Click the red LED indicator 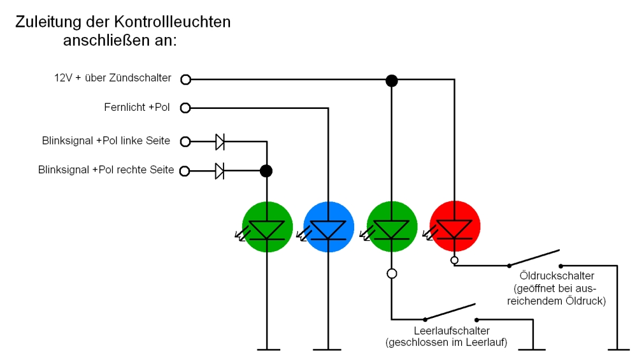[x=455, y=226]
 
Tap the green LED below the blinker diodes [x=267, y=226]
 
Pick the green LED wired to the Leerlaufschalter [x=392, y=226]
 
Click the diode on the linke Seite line [x=220, y=141]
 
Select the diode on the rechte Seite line [x=220, y=171]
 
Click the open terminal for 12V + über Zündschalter [x=185, y=80]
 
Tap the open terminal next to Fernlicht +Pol [x=185, y=108]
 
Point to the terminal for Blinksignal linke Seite [x=185, y=141]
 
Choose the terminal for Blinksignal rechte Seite [x=185, y=171]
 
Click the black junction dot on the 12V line [x=392, y=80]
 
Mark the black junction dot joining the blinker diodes [x=267, y=171]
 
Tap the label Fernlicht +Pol [x=136, y=108]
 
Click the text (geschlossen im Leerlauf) [x=446, y=343]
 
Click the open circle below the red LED [x=454, y=260]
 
